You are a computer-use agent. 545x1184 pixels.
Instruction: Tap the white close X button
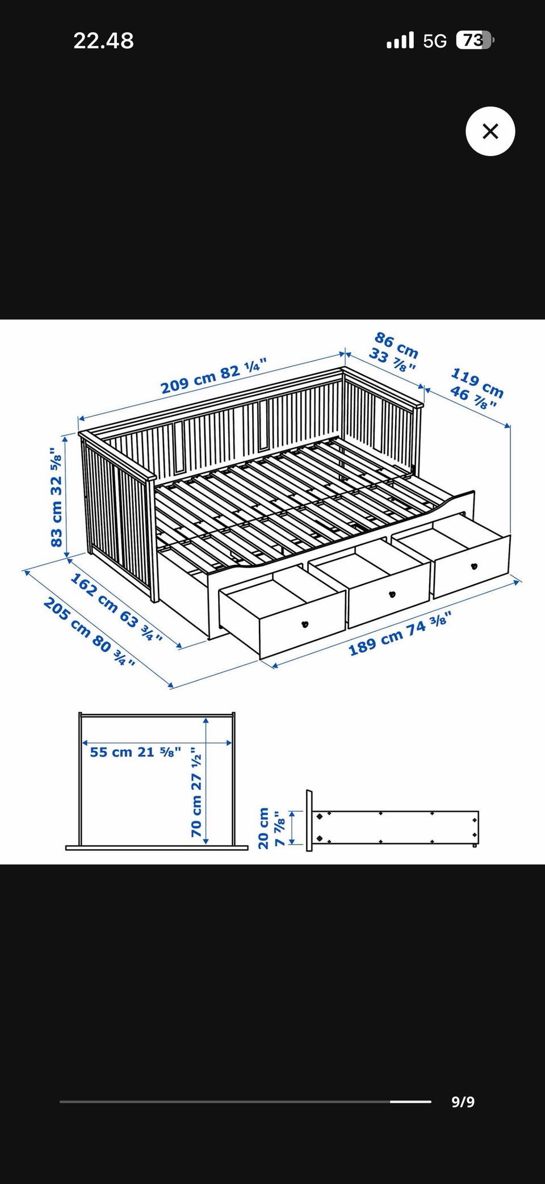pos(490,131)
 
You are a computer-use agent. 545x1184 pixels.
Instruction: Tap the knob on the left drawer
pos(305,625)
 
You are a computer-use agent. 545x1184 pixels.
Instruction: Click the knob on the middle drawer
pos(391,594)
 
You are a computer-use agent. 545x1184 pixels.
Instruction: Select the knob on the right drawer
pos(474,566)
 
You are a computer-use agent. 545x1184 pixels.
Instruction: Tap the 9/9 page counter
pos(463,1102)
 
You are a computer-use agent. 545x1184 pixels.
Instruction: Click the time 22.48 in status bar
pos(103,41)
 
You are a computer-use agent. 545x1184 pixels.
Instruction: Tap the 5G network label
pos(435,41)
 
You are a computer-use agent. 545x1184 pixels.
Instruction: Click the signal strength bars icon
pos(400,41)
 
